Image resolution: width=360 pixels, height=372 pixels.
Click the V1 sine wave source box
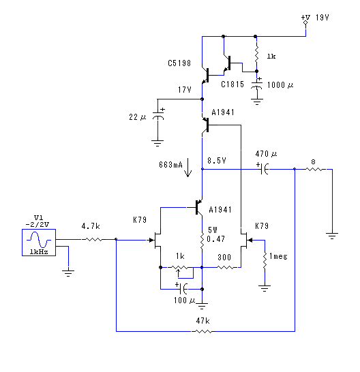(39, 243)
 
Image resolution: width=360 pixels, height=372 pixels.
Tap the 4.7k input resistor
(93, 240)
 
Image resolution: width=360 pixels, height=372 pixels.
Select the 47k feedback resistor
(202, 331)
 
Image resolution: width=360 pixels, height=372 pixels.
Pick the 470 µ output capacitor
(264, 169)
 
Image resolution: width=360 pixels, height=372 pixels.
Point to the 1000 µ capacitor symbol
(256, 84)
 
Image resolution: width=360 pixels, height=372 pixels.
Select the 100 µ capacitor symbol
(182, 289)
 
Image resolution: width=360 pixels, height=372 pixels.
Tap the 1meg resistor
(265, 260)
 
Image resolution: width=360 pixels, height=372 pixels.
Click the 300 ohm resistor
(227, 267)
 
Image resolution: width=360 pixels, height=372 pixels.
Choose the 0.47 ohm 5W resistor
(202, 241)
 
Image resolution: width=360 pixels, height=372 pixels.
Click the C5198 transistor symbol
(205, 76)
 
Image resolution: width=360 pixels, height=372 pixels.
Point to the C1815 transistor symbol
(228, 63)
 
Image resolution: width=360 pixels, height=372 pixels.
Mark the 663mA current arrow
(187, 168)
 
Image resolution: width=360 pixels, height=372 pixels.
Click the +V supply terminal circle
(305, 22)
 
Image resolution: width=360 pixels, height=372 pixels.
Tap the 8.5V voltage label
(217, 161)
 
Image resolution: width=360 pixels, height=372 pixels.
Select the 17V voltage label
(185, 90)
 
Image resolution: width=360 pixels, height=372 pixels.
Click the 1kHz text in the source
(39, 252)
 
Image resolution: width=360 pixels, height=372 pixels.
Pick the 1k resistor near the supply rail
(256, 55)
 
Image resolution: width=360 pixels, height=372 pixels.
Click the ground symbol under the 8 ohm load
(332, 236)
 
